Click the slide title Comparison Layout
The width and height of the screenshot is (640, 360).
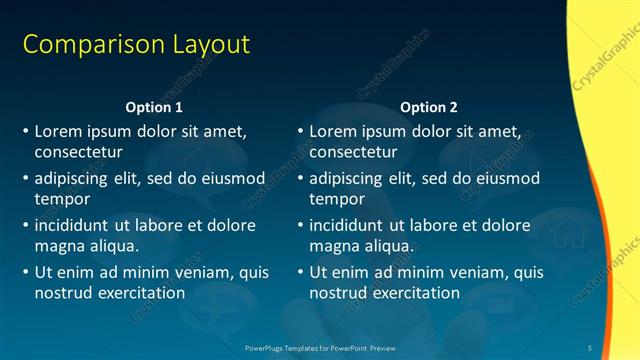(136, 45)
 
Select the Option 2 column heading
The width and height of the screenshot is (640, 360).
(429, 106)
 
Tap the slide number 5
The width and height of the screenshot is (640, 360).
(590, 347)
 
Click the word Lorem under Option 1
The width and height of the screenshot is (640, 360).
(58, 131)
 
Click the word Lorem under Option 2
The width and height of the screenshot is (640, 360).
(333, 131)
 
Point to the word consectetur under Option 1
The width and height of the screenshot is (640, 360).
(78, 153)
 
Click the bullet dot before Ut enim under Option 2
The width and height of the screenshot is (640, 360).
(300, 272)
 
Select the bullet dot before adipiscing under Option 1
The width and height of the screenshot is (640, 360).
(25, 179)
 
